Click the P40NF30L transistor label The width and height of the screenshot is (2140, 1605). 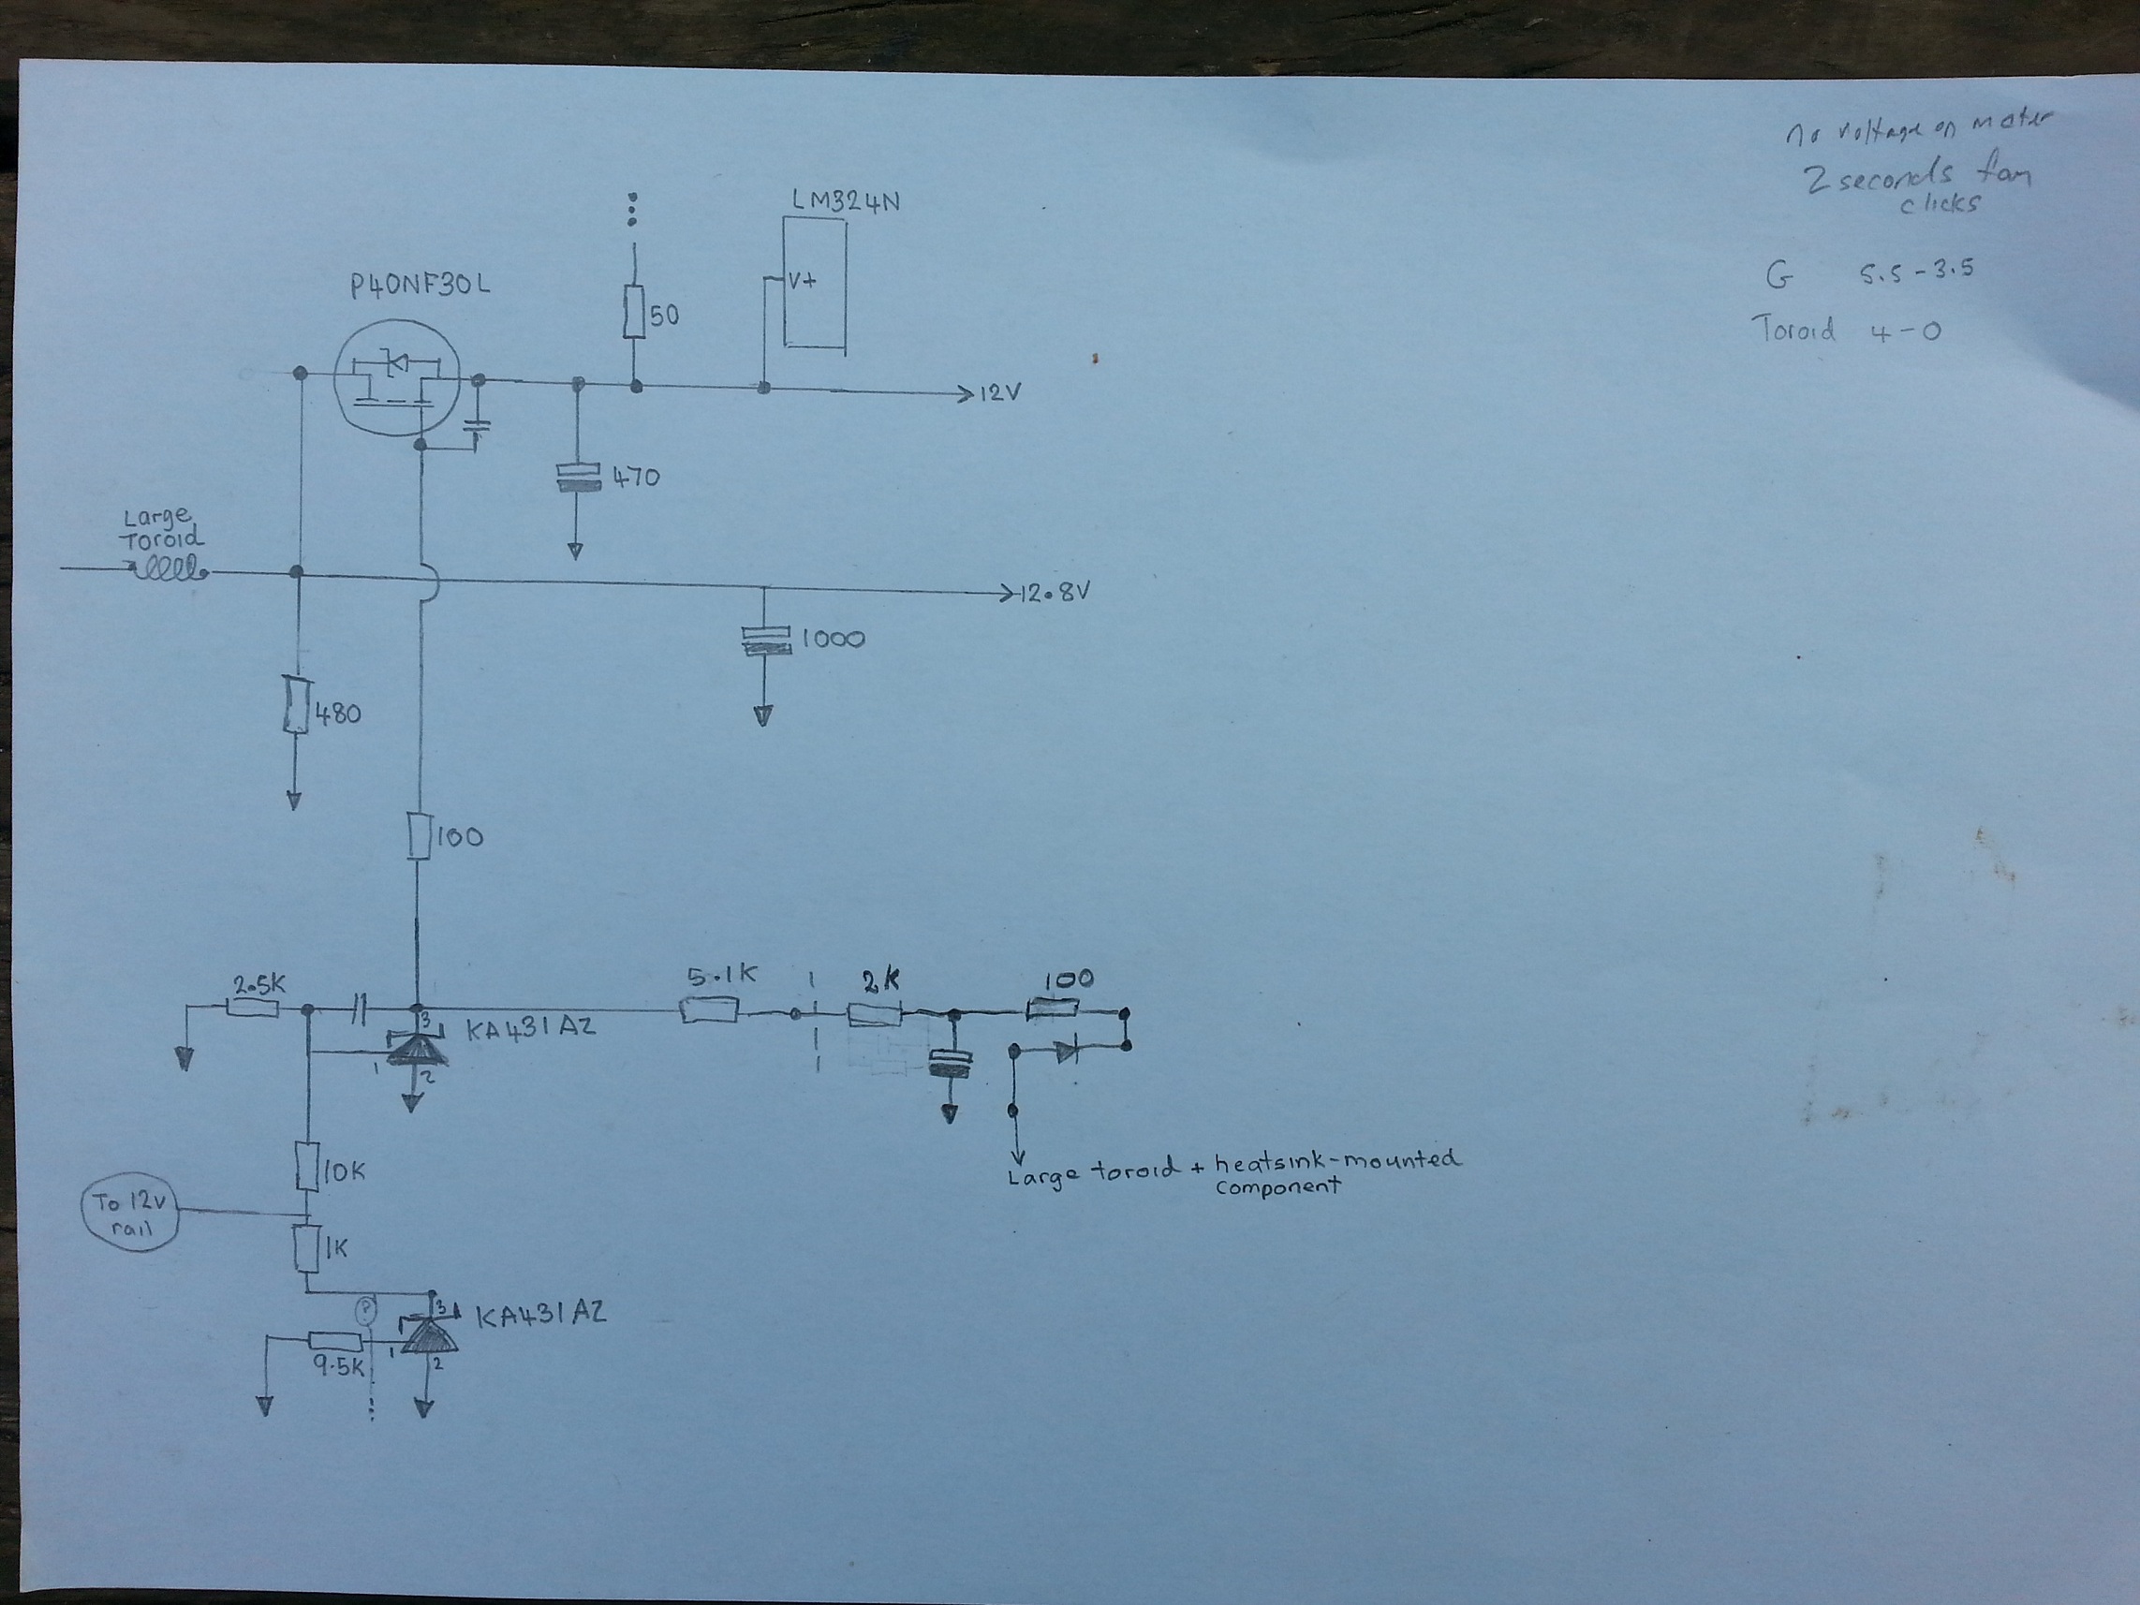tap(421, 286)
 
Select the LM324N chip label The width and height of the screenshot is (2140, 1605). tap(846, 201)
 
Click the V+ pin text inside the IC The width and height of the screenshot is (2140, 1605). tap(802, 281)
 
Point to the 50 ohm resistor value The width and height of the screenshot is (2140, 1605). tap(664, 316)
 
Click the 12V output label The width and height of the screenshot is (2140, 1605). tap(1000, 393)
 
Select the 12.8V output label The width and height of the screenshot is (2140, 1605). tap(1055, 592)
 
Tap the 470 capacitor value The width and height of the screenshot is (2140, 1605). tap(636, 477)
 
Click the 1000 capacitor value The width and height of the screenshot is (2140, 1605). tap(833, 639)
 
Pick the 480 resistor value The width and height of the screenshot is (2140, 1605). tap(338, 714)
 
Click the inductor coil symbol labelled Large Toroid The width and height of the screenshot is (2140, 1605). tap(170, 568)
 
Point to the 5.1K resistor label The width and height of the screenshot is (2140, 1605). tap(722, 976)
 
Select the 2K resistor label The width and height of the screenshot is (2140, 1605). tap(879, 981)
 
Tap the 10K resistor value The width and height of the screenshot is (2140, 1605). tap(344, 1171)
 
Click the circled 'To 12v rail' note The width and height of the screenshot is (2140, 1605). tap(130, 1215)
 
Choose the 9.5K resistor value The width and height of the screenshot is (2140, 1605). tap(339, 1367)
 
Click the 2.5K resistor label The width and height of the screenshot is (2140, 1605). tap(259, 985)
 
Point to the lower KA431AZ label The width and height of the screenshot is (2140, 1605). tap(540, 1314)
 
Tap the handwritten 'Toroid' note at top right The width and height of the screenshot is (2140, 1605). tap(1793, 331)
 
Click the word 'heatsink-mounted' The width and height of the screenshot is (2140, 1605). tap(1337, 1160)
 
